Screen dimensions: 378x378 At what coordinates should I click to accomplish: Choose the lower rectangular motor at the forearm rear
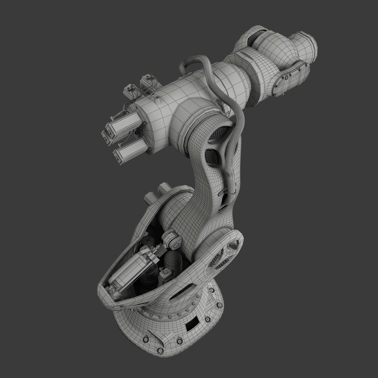[x=132, y=149]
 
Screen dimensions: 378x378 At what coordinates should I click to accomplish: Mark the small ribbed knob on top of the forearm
[x=158, y=100]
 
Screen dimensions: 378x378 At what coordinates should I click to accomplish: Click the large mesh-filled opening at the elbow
[x=219, y=134]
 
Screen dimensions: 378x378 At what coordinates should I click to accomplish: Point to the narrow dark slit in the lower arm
[x=222, y=199]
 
